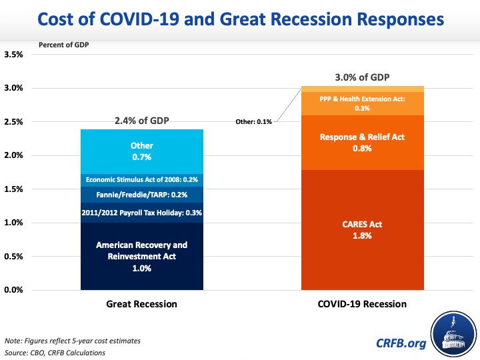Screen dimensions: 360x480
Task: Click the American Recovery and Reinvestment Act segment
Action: pyautogui.click(x=141, y=257)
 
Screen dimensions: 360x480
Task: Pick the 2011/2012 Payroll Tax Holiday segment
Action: pyautogui.click(x=141, y=213)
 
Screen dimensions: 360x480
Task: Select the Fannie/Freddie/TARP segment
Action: pyautogui.click(x=141, y=195)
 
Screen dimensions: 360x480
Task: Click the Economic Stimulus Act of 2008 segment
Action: pyautogui.click(x=141, y=179)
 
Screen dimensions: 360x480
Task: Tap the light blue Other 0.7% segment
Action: pyautogui.click(x=141, y=151)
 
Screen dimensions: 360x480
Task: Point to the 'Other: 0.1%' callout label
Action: pyautogui.click(x=254, y=122)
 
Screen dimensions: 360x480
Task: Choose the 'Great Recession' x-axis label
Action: pyautogui.click(x=141, y=304)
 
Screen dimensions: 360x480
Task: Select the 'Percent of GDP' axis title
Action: pyautogui.click(x=64, y=45)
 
